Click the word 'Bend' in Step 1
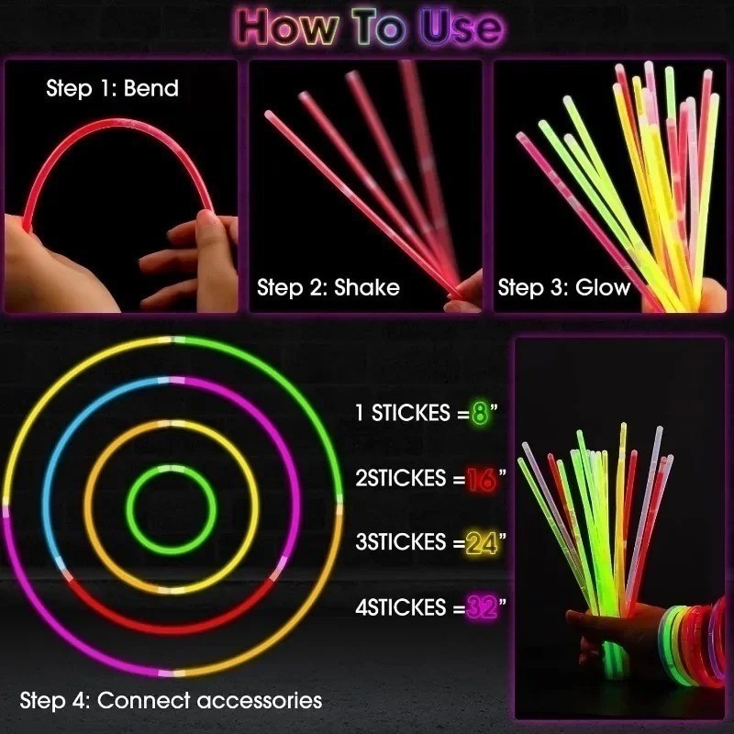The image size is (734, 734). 151,88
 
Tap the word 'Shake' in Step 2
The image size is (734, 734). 367,287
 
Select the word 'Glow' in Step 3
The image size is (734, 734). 603,287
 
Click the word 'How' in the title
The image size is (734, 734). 287,28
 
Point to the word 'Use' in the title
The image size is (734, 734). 462,28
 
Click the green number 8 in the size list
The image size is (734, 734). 480,412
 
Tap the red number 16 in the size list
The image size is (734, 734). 481,478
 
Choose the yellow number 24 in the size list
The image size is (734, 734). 482,543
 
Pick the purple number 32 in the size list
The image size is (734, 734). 482,607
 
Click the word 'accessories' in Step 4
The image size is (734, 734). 260,700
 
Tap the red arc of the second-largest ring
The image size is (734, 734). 171,628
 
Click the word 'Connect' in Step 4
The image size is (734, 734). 144,700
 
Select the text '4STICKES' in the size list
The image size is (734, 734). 401,607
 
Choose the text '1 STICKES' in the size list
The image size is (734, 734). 403,412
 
